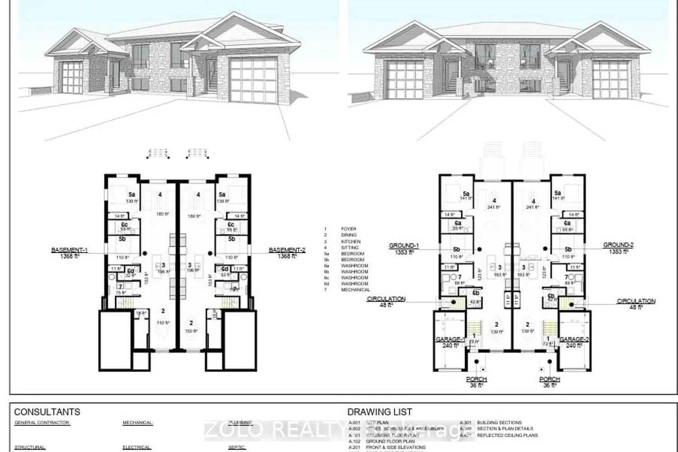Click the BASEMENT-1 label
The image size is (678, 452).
(70, 253)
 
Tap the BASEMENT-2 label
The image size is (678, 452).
(287, 253)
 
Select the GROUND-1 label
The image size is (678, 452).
(404, 249)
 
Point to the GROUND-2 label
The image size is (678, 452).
(618, 248)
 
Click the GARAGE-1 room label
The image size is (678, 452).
(450, 342)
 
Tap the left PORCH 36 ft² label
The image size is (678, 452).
(476, 382)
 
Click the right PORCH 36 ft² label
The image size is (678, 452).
(550, 382)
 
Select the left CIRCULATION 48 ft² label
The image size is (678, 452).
(386, 301)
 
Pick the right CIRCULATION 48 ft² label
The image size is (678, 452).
(636, 304)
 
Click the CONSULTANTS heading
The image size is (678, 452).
(47, 412)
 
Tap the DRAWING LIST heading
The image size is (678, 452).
(380, 412)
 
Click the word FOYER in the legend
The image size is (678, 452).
(348, 229)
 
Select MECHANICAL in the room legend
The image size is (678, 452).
(355, 290)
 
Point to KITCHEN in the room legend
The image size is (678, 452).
(351, 241)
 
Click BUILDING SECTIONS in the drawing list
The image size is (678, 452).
(499, 423)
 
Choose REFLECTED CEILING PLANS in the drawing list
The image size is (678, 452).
(507, 435)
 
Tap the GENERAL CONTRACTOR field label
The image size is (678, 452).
(42, 423)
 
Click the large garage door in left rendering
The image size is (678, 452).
(253, 80)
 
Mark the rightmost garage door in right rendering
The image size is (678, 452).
(610, 79)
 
